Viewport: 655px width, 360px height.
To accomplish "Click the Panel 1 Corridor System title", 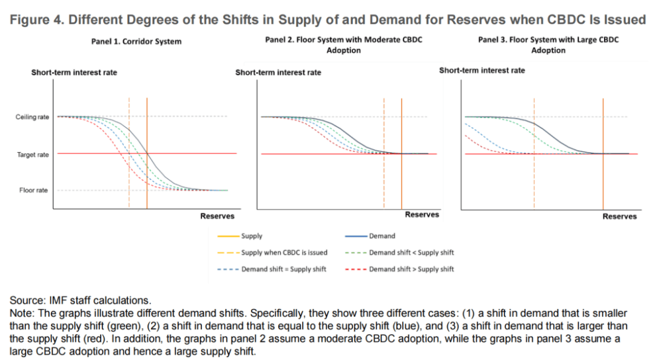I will tap(132, 42).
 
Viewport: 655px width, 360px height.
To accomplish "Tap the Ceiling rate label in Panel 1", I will tap(32, 117).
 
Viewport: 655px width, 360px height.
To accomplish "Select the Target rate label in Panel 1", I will tap(33, 155).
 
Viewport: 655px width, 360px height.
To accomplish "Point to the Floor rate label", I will tap(34, 190).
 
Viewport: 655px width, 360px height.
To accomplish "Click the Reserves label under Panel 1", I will tap(217, 216).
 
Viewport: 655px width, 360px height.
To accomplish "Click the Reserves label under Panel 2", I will tap(422, 215).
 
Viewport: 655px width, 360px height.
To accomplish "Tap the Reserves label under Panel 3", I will tap(619, 216).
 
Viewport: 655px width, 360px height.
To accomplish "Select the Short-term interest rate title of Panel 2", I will tap(278, 73).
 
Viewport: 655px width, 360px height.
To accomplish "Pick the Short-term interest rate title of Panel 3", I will tap(482, 70).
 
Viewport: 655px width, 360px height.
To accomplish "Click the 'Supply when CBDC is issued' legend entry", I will tap(275, 253).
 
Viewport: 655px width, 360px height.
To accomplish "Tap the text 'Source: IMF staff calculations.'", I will tap(80, 300).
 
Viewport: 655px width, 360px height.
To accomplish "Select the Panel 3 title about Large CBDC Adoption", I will tap(548, 45).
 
